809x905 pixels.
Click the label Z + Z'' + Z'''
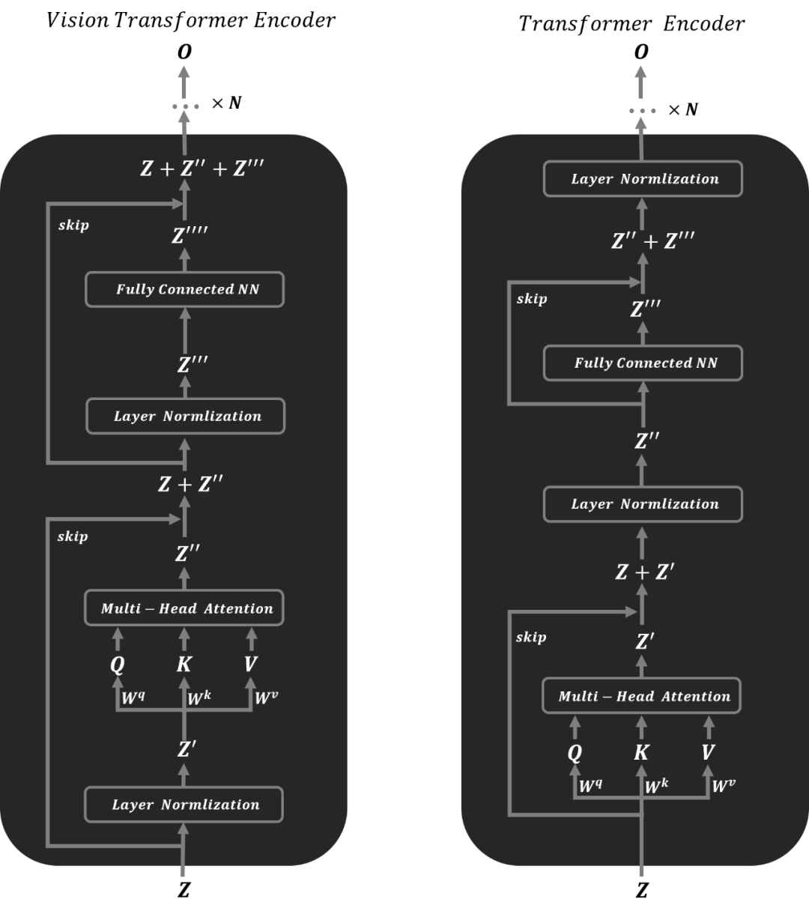202,169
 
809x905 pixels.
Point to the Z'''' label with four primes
189,236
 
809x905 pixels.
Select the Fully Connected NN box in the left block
185,289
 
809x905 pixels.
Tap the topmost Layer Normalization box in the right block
643,179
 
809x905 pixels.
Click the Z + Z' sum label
644,572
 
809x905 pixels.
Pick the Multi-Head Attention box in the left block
184,608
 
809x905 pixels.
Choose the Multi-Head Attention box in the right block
641,696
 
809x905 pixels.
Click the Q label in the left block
117,664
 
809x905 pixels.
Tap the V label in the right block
708,752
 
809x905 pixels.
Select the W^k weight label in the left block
199,698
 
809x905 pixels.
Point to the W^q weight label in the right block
591,787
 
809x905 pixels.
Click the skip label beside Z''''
73,226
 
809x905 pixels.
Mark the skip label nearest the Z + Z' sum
531,638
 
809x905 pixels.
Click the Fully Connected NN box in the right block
643,363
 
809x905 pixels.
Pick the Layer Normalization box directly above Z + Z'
643,504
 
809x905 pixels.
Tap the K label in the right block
641,752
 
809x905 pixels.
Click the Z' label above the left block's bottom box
187,749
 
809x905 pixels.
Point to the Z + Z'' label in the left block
190,485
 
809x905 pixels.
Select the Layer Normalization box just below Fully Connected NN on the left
186,417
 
